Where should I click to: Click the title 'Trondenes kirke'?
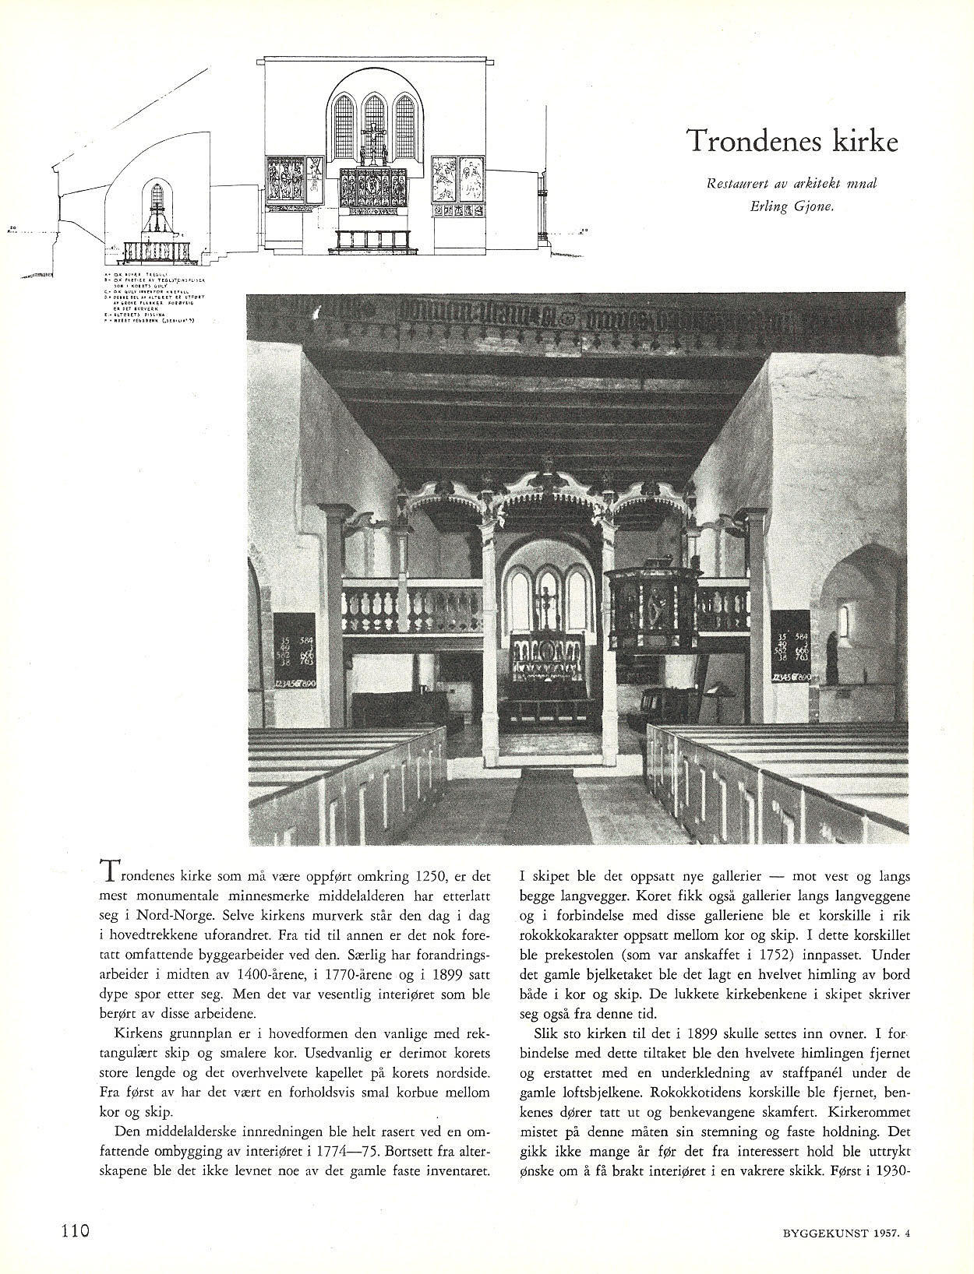[x=792, y=141]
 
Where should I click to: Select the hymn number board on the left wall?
[x=295, y=651]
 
